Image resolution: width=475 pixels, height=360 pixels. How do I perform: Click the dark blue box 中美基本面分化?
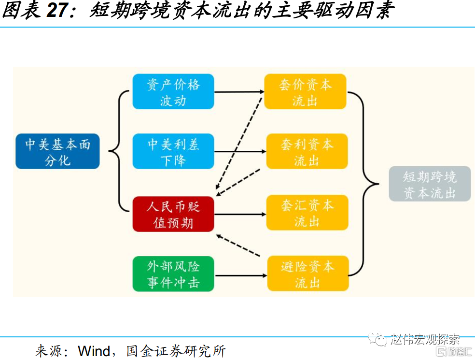pos(57,151)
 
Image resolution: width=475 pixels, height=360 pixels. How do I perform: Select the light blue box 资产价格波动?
pos(173,92)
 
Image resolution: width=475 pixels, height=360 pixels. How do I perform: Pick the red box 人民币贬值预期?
pos(173,214)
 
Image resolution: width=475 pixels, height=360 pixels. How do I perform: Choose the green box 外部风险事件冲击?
pos(173,274)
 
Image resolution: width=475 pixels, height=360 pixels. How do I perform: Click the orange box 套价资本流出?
pos(305,92)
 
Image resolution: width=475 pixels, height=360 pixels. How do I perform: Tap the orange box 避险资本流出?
pos(307,274)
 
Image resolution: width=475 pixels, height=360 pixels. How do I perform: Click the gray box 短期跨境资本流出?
pos(430,184)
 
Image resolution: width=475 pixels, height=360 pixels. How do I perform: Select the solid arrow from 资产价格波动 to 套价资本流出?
pos(239,92)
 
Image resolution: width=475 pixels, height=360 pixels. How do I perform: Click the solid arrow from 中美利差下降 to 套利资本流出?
pos(240,152)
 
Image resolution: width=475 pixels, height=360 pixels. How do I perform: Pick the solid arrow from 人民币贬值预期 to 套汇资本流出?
pos(240,213)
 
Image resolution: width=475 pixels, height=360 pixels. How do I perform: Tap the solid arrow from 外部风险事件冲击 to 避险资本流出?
pos(240,275)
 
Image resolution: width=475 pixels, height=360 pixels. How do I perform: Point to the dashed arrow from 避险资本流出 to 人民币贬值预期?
pos(239,245)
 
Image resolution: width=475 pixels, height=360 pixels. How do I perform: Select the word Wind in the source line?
pos(94,350)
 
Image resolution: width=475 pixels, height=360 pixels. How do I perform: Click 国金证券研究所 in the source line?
pos(176,350)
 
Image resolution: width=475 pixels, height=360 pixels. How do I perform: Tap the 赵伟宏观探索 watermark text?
pos(425,339)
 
